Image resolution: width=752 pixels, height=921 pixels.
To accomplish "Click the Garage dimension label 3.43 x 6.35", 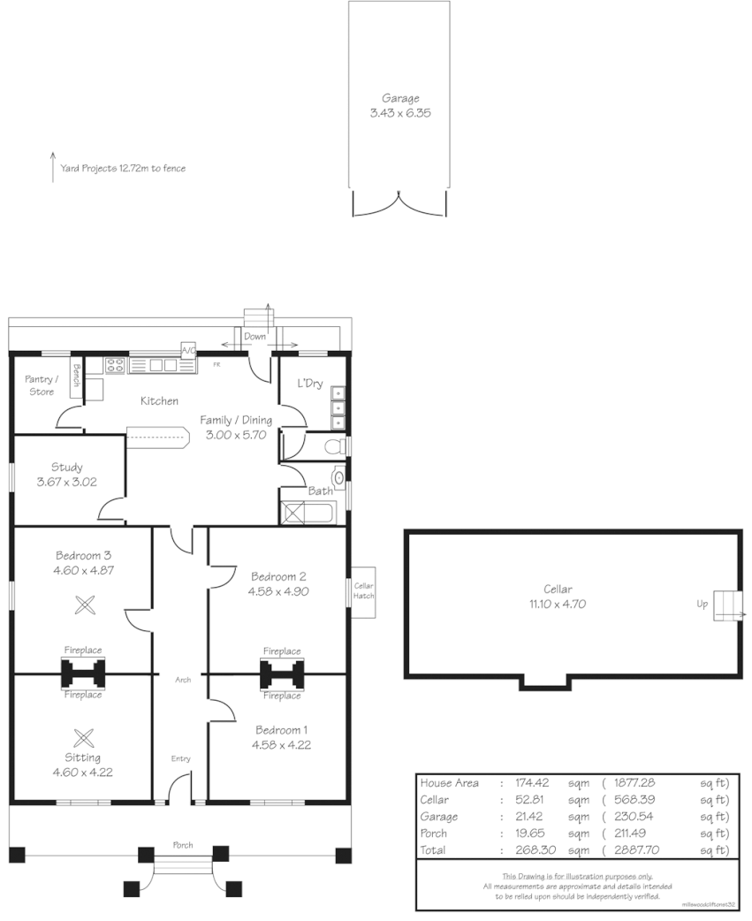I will tap(399, 113).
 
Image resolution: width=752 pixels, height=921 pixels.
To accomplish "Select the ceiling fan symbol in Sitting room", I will tap(84, 736).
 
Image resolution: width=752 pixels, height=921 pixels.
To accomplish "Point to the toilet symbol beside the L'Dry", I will tap(332, 447).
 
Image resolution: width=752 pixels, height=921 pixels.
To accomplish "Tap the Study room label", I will tap(67, 467).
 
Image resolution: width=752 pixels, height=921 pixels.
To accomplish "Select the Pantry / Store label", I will tap(39, 384).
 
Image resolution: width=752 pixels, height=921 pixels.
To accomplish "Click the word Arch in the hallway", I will tap(183, 680).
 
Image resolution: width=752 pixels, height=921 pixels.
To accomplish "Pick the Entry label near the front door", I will tap(180, 758).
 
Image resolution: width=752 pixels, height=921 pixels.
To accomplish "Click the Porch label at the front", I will tap(182, 845).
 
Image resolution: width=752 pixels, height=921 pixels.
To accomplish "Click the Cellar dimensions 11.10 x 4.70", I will tap(558, 605).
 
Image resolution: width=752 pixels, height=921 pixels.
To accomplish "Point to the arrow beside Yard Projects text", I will tap(53, 166).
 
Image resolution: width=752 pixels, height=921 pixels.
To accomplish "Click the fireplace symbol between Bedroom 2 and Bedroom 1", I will tap(281, 674).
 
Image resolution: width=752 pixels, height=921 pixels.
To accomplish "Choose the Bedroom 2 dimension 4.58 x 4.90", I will tap(279, 591).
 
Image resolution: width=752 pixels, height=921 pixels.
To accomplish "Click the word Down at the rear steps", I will tap(254, 337).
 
